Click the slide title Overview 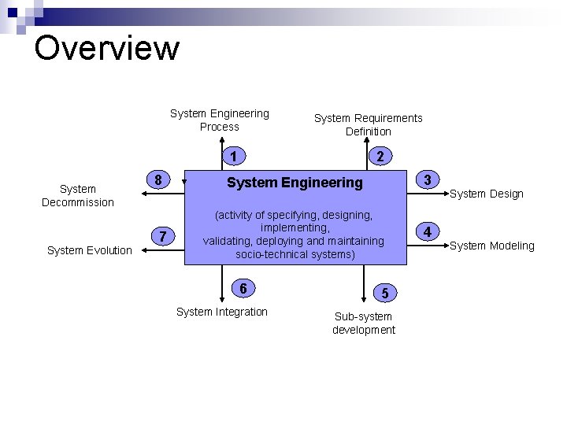pyautogui.click(x=107, y=47)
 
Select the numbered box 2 pyautogui.click(x=380, y=157)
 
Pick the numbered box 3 pyautogui.click(x=427, y=179)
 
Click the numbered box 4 pyautogui.click(x=427, y=231)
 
